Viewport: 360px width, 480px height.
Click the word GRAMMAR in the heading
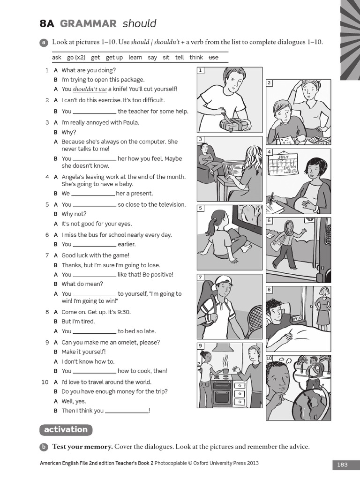[88, 23]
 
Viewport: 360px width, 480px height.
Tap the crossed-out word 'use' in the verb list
[213, 57]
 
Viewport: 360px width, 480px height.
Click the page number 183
[342, 465]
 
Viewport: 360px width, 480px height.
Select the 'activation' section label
[66, 429]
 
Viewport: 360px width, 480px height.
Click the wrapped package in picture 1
[233, 123]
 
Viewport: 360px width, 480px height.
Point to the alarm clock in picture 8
[297, 318]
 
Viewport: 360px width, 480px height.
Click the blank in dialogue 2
[95, 112]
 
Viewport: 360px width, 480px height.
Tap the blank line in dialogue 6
[95, 244]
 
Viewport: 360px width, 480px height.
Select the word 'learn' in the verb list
[135, 57]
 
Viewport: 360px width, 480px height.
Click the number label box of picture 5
[201, 208]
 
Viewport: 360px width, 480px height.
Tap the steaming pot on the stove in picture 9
[225, 371]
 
